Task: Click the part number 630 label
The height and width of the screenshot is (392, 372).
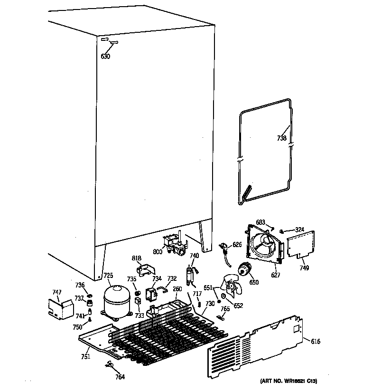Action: tap(105, 57)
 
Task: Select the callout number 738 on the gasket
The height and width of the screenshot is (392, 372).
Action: tap(282, 139)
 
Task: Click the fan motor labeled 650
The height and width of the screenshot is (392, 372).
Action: tap(246, 270)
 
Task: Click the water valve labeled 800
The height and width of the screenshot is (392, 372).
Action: tap(173, 244)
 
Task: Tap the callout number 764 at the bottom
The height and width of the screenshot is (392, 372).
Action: tap(120, 377)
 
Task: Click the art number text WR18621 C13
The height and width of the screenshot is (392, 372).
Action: tap(288, 381)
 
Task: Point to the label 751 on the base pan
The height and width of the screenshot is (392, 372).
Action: tap(86, 357)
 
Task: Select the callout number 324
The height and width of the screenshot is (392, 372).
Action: tap(299, 230)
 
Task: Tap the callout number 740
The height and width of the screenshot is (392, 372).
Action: tap(194, 255)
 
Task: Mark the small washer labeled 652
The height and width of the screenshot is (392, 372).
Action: tap(223, 297)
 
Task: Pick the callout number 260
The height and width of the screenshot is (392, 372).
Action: tap(177, 288)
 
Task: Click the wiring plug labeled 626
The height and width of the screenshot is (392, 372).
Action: tap(223, 247)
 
